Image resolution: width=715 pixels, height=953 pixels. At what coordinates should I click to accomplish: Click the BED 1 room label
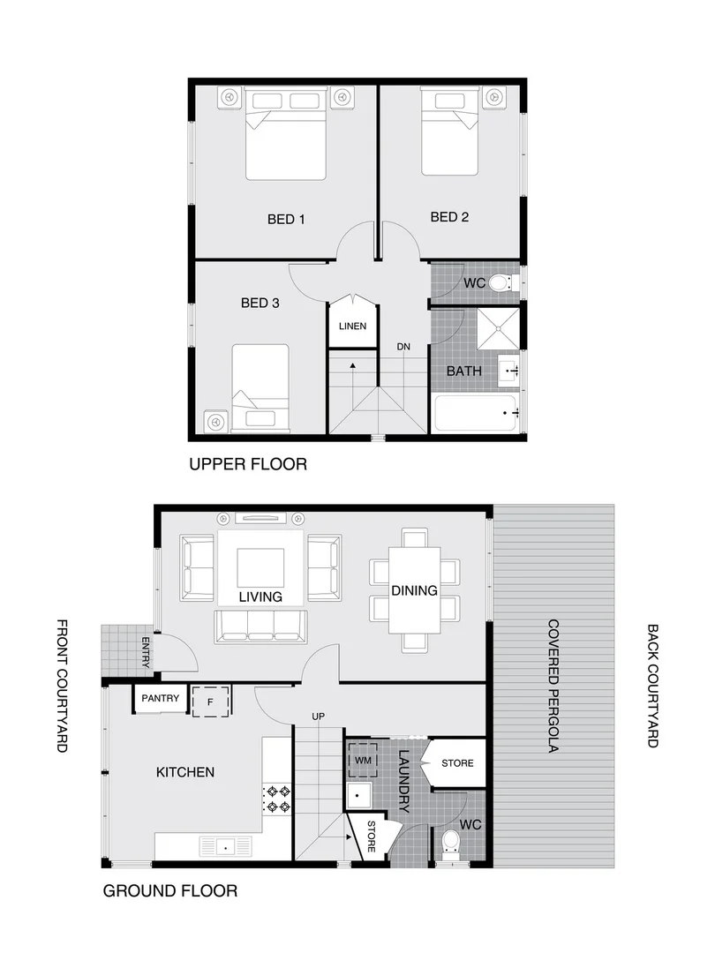coord(286,219)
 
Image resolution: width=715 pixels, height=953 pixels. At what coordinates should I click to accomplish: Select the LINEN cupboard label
coord(352,326)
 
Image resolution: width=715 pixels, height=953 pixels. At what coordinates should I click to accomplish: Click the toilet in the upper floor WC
coord(500,283)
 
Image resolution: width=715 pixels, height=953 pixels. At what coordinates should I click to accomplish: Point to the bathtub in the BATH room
coord(475,412)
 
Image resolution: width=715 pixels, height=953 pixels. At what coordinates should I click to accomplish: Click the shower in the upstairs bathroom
coord(499,328)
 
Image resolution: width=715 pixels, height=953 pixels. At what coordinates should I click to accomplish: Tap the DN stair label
coord(404,346)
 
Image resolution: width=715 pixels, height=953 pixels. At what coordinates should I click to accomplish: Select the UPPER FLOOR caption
coord(248,464)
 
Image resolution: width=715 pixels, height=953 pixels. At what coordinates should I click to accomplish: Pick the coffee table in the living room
coord(260,567)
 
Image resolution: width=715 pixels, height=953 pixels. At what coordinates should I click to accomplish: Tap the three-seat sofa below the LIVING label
coord(260,625)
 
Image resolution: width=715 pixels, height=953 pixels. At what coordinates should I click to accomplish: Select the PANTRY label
coord(160,699)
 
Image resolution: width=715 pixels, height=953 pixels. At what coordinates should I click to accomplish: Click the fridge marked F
coord(211,701)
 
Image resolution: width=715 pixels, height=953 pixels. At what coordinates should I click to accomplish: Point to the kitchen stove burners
coord(278,799)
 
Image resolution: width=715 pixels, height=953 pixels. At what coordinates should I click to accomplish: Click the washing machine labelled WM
coord(364,759)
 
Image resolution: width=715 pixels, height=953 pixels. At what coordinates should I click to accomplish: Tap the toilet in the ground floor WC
coord(449,843)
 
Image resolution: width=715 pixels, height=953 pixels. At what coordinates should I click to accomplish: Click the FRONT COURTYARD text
coord(62,686)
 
